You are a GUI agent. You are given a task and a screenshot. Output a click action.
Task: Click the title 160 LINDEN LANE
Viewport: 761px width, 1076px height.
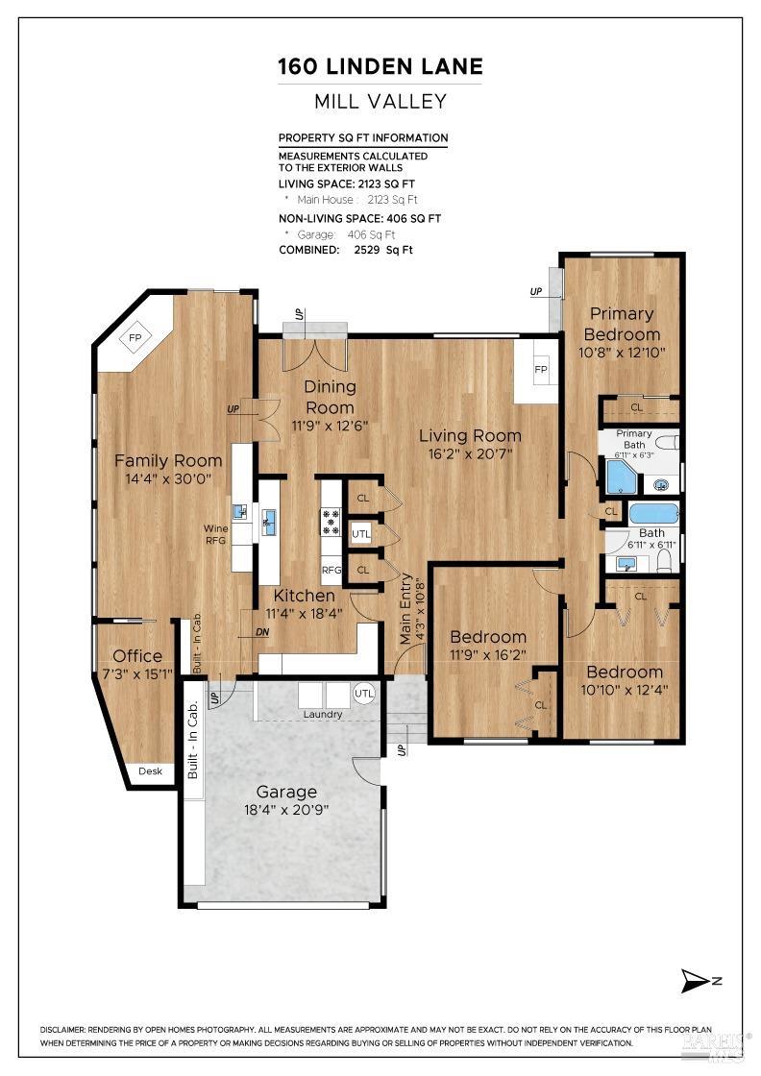click(x=380, y=66)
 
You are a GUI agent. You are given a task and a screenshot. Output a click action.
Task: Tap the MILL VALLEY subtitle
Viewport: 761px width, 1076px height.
click(x=380, y=101)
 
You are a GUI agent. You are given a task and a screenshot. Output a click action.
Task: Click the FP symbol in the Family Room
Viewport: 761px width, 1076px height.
click(x=135, y=337)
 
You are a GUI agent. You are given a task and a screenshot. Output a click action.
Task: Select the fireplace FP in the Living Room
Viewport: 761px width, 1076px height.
click(x=540, y=370)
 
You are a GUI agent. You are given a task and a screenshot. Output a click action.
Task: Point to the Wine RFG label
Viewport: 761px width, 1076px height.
click(x=215, y=534)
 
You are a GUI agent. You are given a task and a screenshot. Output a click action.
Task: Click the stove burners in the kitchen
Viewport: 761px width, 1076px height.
click(x=331, y=521)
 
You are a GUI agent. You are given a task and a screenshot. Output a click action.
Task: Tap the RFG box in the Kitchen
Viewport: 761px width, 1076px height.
click(x=331, y=570)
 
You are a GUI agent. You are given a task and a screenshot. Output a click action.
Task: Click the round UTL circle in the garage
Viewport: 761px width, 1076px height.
click(x=364, y=693)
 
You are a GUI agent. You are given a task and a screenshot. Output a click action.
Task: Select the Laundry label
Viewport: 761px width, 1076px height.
click(x=322, y=714)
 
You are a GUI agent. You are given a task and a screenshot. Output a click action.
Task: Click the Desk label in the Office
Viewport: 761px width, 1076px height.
click(x=151, y=770)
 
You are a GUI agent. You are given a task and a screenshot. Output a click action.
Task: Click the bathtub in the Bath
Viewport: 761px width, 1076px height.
click(x=653, y=513)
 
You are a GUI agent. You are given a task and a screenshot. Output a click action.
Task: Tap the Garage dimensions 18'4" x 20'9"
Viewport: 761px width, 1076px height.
click(x=286, y=810)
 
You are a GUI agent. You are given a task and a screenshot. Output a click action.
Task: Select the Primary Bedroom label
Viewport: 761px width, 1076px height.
click(x=622, y=324)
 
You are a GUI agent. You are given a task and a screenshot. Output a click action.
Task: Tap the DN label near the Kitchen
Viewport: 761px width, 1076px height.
click(x=262, y=632)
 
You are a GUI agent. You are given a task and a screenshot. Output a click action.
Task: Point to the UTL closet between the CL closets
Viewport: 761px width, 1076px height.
click(x=361, y=532)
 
